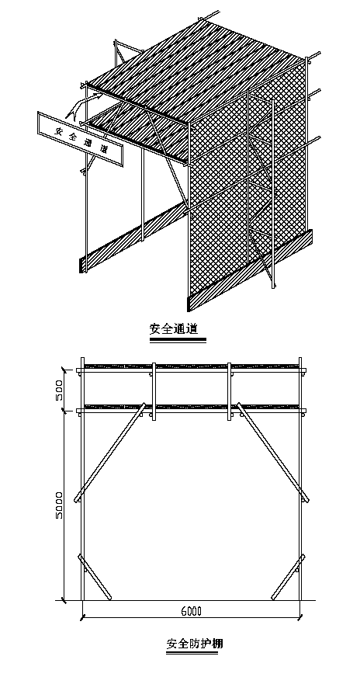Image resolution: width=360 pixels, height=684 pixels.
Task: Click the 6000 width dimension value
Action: (x=191, y=611)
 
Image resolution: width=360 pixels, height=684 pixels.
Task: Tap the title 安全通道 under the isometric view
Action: (x=176, y=328)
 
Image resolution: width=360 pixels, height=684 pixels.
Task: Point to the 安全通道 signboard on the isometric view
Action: (x=81, y=139)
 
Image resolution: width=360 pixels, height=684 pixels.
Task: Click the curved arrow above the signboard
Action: (x=83, y=107)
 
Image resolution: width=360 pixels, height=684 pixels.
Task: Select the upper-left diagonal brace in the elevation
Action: (x=109, y=453)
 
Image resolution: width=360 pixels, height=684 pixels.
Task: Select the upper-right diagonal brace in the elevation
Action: (x=273, y=452)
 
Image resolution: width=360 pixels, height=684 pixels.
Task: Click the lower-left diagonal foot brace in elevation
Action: (x=95, y=577)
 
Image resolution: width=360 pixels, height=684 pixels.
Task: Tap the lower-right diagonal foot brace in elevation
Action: (x=288, y=577)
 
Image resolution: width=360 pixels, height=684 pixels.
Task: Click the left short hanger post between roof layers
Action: (x=154, y=391)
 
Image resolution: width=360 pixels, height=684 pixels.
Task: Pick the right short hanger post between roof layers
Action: (x=230, y=391)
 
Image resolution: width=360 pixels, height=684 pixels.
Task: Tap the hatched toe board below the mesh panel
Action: (x=250, y=269)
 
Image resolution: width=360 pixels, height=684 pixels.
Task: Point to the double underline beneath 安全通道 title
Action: (x=178, y=340)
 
